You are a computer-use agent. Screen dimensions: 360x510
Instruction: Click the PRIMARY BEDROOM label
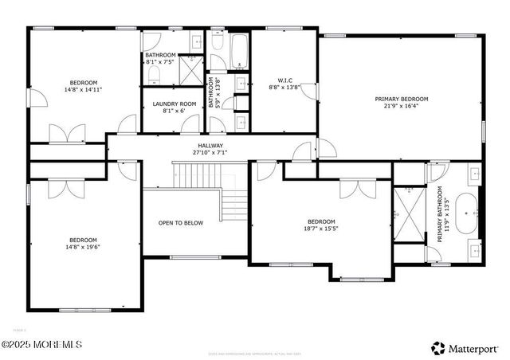tap(402, 99)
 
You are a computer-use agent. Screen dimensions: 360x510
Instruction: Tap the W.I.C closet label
tap(284, 80)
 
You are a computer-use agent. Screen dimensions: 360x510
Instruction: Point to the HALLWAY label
tap(210, 146)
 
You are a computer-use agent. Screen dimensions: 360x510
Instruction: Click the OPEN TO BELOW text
tap(180, 223)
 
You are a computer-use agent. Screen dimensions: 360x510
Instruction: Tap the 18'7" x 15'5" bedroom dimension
tap(321, 229)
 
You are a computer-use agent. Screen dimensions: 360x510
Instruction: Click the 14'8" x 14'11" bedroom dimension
tap(83, 90)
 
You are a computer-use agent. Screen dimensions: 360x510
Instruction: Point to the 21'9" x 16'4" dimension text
tap(402, 107)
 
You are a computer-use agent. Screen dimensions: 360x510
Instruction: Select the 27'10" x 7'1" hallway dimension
tap(210, 153)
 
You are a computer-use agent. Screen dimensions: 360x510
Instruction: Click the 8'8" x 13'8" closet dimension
tap(284, 88)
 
